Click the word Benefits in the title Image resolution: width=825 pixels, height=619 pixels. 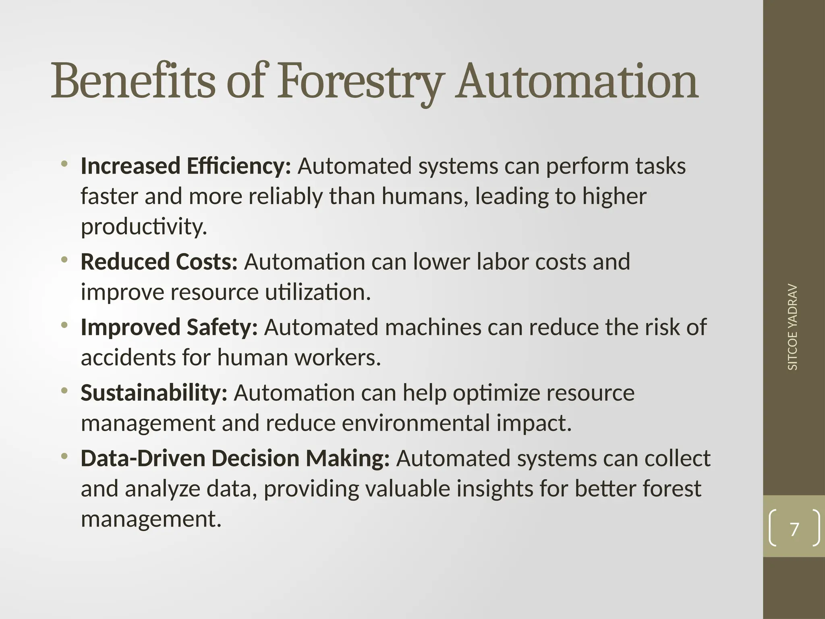pos(133,81)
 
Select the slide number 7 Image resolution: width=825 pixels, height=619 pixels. pos(794,529)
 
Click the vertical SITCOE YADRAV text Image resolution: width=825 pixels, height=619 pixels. pos(792,327)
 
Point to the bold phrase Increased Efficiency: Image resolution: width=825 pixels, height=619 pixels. pos(186,166)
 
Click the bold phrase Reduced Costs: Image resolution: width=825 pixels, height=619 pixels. pos(159,262)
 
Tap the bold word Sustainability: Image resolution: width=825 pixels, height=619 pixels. pos(154,393)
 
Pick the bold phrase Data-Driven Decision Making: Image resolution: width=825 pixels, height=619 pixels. pos(235,458)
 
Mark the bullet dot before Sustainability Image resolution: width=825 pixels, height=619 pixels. pos(64,391)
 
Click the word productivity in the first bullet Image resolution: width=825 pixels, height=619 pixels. pos(144,227)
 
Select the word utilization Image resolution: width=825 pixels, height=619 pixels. pos(317,292)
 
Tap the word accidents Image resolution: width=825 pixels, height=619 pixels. pos(128,357)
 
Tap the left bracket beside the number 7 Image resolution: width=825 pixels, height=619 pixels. pos(773,528)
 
